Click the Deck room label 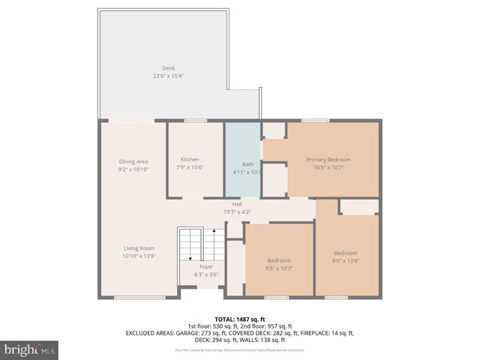coord(169,68)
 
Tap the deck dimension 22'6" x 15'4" coord(169,76)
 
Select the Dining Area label coord(133,162)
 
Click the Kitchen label coord(190,159)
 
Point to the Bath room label coord(247,164)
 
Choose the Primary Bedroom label coord(328,159)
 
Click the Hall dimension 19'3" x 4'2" coord(236,211)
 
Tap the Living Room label coord(139,248)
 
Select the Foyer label coord(206,266)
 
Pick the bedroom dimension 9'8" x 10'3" coord(278,268)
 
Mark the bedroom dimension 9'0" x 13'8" coord(346,260)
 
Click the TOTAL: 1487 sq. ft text coord(239,319)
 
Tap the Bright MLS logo coord(30,349)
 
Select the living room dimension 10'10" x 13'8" coord(139,256)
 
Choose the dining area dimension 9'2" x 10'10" coord(133,169)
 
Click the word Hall coord(236,204)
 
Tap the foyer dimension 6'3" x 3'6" coord(206,274)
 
